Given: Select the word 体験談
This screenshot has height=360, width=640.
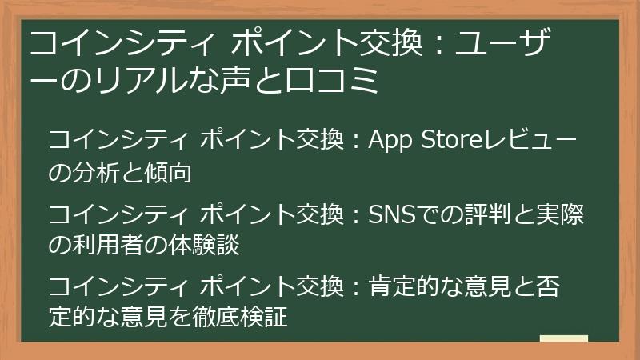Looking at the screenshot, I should [204, 244].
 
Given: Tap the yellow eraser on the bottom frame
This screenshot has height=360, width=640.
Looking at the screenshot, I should [564, 339].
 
